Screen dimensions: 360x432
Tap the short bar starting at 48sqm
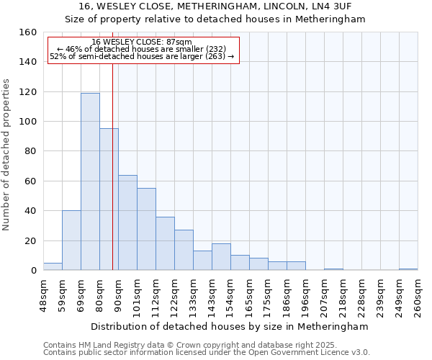(x=53, y=266)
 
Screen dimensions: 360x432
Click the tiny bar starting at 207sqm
(x=333, y=269)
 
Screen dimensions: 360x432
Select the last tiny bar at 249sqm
(x=408, y=269)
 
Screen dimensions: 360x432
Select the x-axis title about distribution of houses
(x=230, y=326)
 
